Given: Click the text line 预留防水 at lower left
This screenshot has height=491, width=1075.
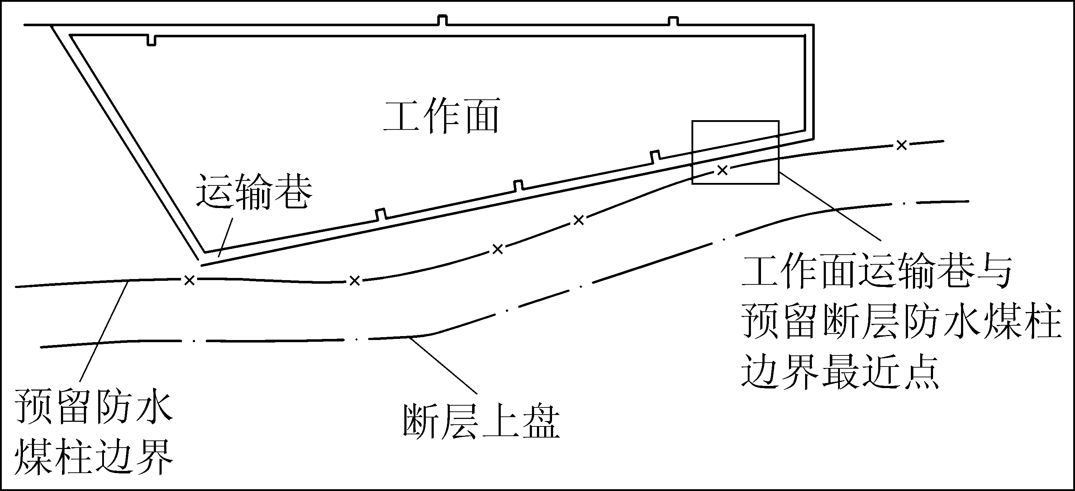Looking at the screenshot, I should (94, 406).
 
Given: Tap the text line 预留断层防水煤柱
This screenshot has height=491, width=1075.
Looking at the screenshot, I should (902, 321).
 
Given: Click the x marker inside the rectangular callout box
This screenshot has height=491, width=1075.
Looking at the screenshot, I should (722, 170).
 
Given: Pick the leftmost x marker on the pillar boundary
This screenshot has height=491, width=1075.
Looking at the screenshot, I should (190, 280).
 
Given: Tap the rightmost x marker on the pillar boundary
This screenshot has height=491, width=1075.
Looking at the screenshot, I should (902, 145).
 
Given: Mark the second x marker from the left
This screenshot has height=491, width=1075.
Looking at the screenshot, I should (354, 281).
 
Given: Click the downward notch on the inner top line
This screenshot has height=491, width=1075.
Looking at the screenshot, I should (152, 41).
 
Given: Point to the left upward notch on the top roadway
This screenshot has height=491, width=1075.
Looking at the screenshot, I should (442, 20).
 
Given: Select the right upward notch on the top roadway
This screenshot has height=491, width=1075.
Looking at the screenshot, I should (673, 21).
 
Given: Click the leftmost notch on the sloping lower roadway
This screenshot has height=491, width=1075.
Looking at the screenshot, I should (381, 214).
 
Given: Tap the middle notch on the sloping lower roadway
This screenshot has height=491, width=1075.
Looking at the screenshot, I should (518, 186).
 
